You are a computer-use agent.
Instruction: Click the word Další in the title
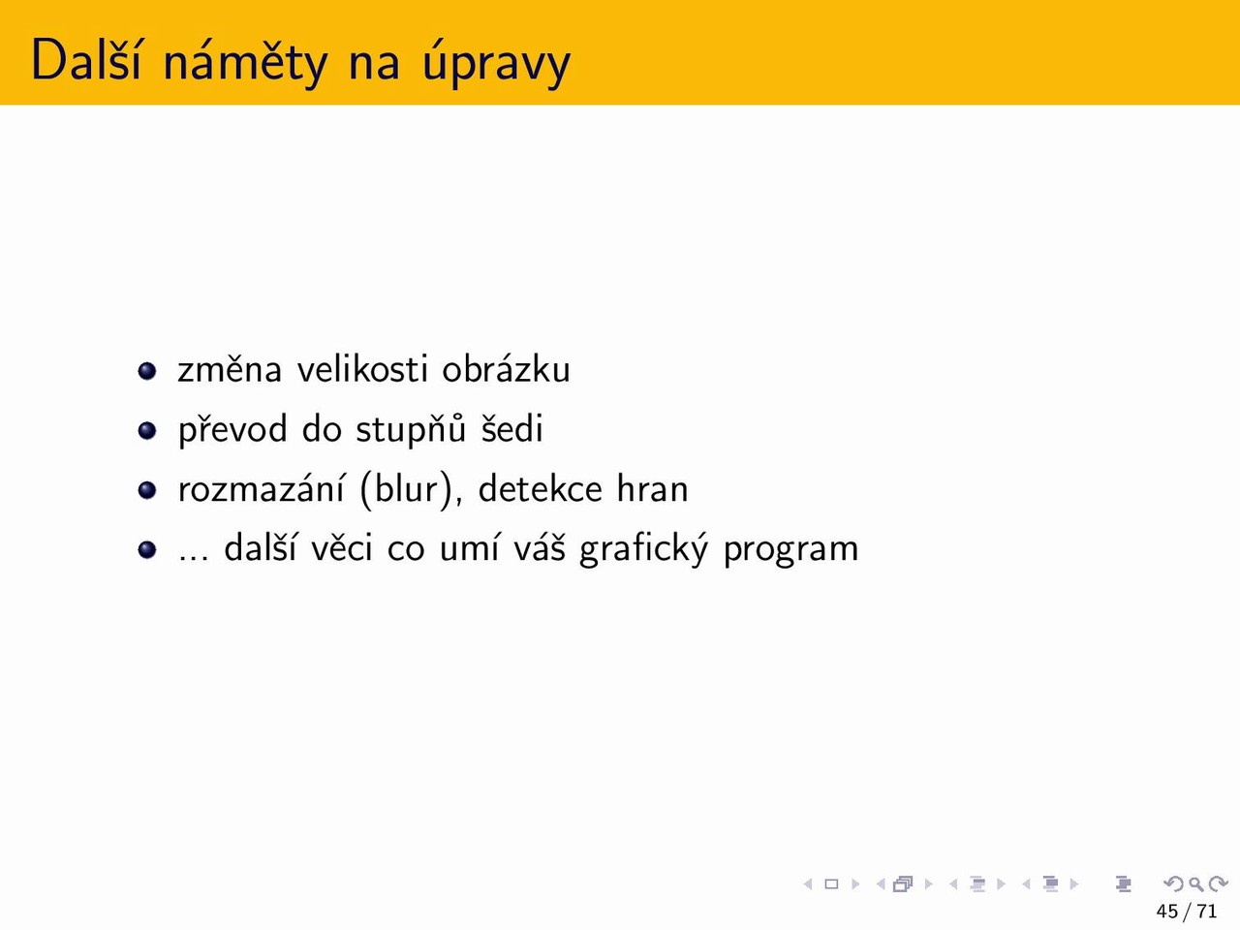point(85,59)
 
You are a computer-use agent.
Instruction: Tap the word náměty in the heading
point(245,62)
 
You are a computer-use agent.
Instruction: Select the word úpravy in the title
point(496,62)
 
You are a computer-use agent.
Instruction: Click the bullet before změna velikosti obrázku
point(147,371)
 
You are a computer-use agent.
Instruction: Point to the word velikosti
point(362,369)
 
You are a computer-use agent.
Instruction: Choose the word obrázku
point(506,369)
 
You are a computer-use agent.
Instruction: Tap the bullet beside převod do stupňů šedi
point(147,430)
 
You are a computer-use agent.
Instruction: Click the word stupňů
point(411,430)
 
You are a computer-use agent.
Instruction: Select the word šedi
point(511,428)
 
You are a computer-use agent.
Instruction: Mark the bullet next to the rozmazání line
point(147,489)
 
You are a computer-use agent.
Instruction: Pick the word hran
point(653,488)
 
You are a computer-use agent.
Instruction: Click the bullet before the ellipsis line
point(147,549)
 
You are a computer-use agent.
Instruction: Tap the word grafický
point(643,549)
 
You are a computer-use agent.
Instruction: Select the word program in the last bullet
point(790,550)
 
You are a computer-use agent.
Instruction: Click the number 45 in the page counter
point(1167,911)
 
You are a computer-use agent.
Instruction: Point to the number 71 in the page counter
point(1207,911)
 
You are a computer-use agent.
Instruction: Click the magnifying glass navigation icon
point(1196,884)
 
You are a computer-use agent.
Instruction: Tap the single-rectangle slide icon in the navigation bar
point(831,883)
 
